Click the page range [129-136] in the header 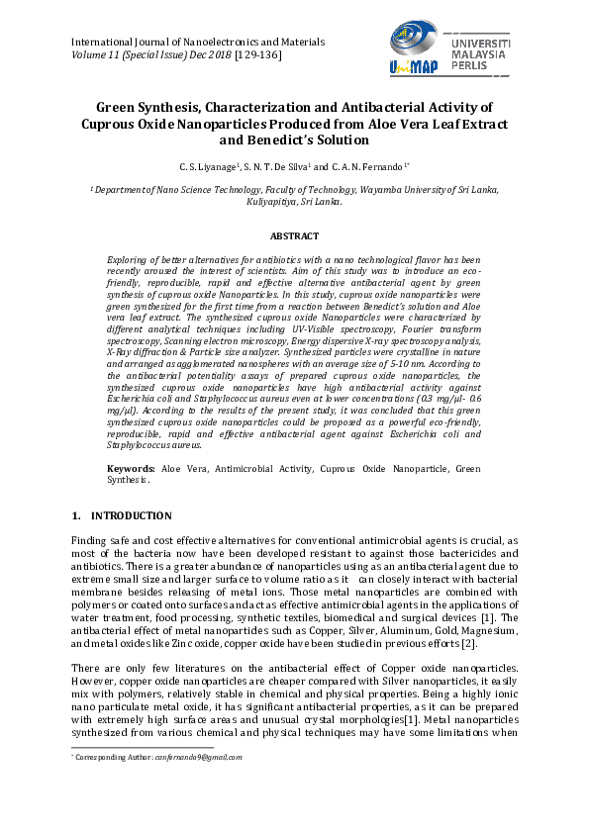coord(257,56)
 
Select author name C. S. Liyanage coord(209,167)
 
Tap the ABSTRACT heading coord(294,236)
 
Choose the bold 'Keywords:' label coord(131,468)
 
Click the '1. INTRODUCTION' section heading coord(122,516)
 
